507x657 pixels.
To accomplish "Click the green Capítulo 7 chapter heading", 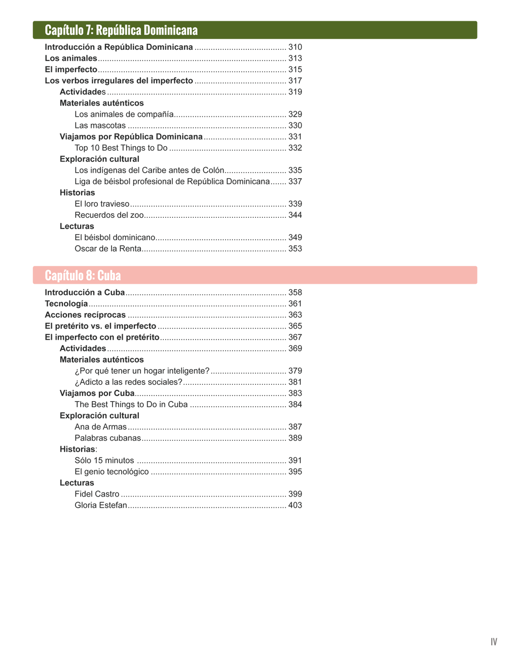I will [121, 30].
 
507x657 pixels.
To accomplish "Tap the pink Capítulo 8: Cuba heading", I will [83, 275].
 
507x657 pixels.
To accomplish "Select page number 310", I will [295, 47].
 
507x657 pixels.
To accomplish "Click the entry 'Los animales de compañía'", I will [124, 114].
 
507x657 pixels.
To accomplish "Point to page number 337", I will [295, 181].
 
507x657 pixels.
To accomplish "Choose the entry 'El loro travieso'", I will [102, 204].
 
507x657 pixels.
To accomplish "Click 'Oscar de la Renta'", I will [108, 248].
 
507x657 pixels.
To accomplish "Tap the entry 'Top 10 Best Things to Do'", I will [121, 148].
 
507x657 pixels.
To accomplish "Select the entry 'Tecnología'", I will [66, 304].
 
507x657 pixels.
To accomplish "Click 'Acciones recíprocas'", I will [85, 315].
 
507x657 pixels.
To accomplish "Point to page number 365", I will [295, 326].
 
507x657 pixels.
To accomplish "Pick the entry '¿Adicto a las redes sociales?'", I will [128, 382].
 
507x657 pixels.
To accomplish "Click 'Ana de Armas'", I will [100, 426].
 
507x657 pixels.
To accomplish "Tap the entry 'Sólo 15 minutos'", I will [104, 460].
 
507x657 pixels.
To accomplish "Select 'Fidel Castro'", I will [97, 494].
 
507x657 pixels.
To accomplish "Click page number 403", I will [295, 505].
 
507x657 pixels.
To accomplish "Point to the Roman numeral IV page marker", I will [494, 642].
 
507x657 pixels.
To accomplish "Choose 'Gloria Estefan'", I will [101, 505].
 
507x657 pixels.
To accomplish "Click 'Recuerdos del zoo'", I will [109, 215].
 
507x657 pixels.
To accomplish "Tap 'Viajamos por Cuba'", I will [97, 393].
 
